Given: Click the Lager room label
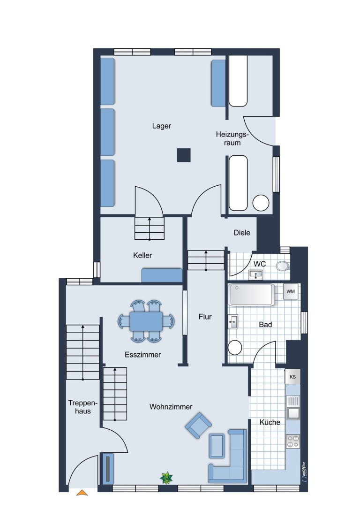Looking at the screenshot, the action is [161, 126].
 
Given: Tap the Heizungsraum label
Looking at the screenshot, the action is [232, 138].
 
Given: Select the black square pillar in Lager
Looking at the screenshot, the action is [184, 155].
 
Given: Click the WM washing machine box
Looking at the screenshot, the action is [291, 291].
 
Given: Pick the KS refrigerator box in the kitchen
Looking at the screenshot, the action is [292, 377].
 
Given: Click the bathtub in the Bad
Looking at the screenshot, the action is [251, 295].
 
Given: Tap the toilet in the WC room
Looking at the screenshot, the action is [282, 266].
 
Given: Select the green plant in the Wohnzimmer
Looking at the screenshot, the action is [166, 478].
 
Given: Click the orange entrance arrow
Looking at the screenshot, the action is [82, 493].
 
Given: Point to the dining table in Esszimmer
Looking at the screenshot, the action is [146, 322].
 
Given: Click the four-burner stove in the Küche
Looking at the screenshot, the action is [293, 441].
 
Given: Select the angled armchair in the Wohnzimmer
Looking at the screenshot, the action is [198, 426].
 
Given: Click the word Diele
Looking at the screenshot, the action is [242, 233].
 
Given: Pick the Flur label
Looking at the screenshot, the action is [205, 317].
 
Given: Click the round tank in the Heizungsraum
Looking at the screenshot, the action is [261, 203].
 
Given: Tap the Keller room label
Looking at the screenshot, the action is [142, 255].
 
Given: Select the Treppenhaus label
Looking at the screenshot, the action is [83, 407].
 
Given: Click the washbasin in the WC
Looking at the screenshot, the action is [256, 275].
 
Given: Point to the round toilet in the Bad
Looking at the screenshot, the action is [235, 347].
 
